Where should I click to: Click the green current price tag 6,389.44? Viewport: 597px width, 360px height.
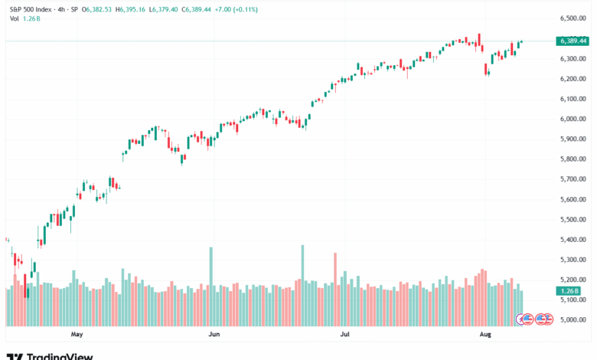(573, 40)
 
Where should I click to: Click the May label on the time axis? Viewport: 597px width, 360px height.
(77, 335)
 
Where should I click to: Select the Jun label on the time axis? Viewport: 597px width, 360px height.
(214, 335)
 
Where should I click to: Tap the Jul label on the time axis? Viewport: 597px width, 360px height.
(345, 335)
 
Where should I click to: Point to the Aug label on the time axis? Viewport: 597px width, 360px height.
(484, 335)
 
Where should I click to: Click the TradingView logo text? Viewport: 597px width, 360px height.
(60, 356)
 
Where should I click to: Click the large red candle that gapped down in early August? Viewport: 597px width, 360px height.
(488, 70)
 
